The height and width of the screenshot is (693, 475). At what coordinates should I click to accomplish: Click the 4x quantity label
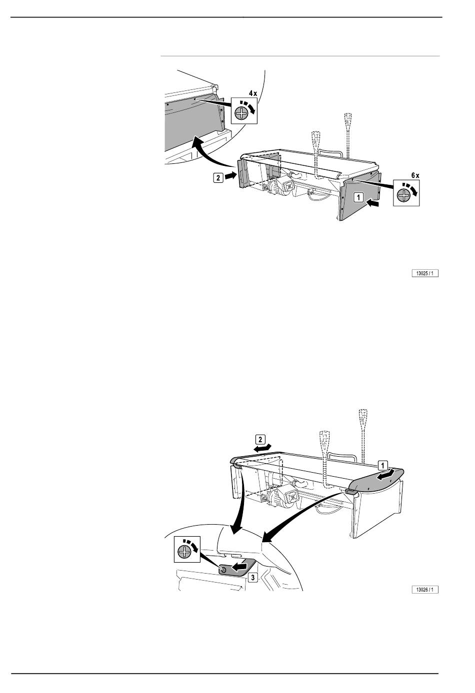click(x=253, y=93)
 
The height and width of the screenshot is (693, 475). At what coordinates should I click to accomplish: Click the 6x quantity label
click(x=415, y=175)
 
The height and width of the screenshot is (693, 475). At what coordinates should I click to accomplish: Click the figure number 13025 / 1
click(x=424, y=273)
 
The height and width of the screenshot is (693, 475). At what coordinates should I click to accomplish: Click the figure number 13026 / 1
click(x=424, y=590)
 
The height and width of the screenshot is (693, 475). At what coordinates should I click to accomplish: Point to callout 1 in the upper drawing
click(x=358, y=197)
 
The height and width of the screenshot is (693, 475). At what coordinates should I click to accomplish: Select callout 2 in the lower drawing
click(x=260, y=439)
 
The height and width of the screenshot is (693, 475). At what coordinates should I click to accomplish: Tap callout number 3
click(x=253, y=578)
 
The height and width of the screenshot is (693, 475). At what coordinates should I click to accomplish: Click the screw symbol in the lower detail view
click(x=184, y=552)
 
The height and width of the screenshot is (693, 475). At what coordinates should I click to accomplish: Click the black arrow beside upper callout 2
click(x=230, y=176)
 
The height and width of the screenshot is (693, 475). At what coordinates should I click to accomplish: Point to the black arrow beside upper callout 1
click(x=373, y=203)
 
